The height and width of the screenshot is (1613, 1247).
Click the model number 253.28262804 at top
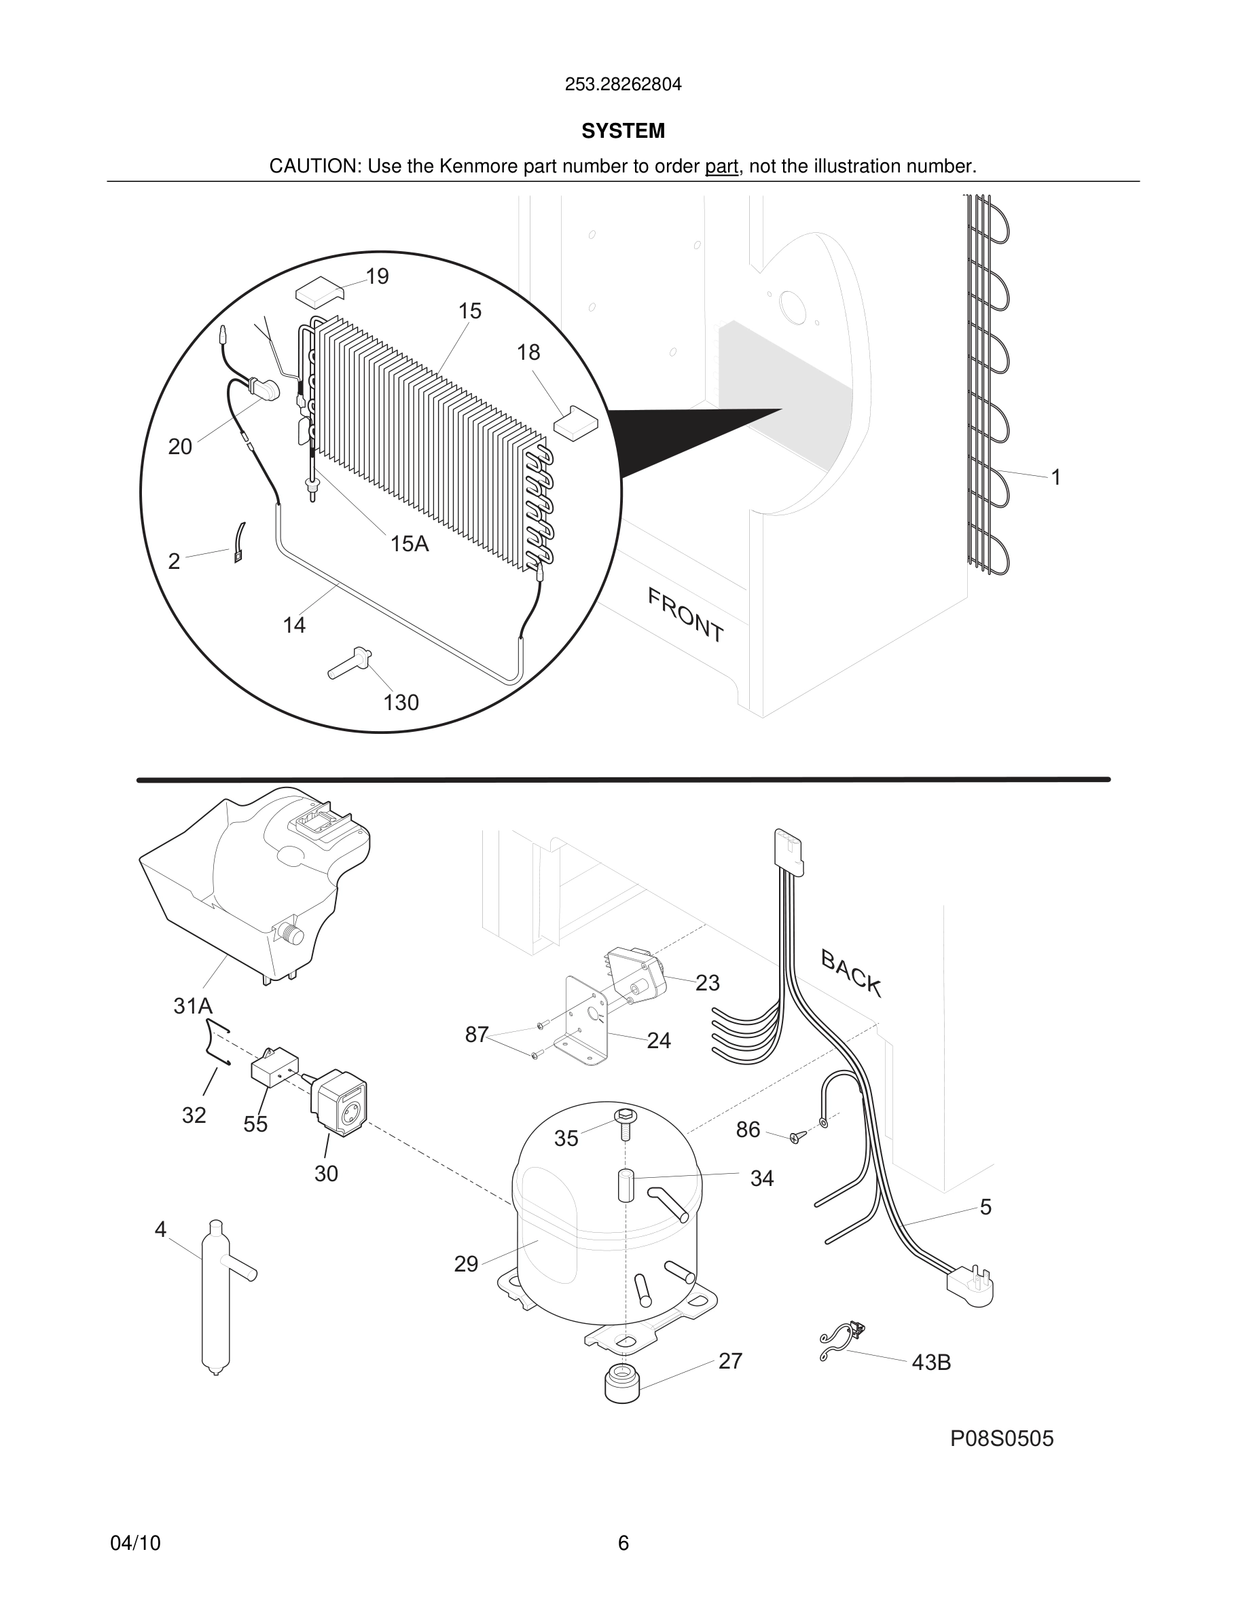pos(623,85)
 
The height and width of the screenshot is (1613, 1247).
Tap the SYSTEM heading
pos(623,131)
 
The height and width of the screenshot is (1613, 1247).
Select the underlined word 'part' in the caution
pos(721,167)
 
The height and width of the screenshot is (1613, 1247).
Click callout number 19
pos(377,276)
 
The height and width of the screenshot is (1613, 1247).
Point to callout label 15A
pos(410,544)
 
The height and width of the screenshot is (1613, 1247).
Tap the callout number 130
pos(401,703)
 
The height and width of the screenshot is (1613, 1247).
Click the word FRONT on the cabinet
pos(685,615)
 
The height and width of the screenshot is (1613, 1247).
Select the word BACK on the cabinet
pos(851,974)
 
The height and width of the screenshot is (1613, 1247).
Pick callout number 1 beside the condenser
pos(1056,478)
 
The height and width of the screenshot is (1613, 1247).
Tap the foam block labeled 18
pos(575,422)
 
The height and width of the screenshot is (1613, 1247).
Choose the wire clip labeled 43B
pos(842,1338)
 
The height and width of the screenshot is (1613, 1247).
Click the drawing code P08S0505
pos(1002,1439)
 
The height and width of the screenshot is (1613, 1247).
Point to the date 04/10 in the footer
pos(135,1543)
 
